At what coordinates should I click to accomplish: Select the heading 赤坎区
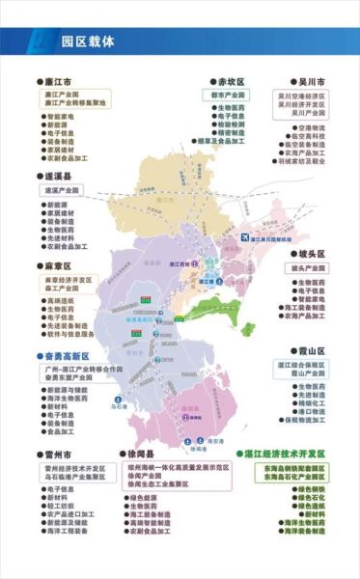pos(233,83)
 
